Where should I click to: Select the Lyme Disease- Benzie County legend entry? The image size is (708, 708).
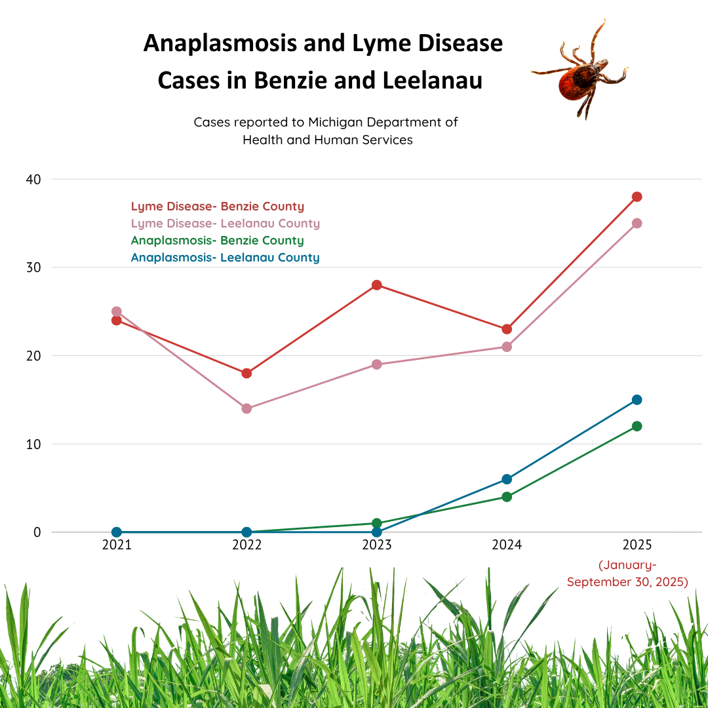point(218,206)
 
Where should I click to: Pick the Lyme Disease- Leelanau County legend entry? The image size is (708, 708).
point(226,224)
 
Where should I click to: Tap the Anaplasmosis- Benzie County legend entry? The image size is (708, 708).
point(218,241)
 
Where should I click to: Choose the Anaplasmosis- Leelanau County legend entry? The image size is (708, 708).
point(226,258)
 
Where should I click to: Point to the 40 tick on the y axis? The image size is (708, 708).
point(33,179)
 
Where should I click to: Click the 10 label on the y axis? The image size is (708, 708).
point(33,444)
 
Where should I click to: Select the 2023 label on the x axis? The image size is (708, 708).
point(377,545)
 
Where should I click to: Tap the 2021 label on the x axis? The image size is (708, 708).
point(117,545)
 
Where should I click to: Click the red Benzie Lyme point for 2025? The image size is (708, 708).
point(637,197)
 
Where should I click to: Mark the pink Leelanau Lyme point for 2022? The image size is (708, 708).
point(246,408)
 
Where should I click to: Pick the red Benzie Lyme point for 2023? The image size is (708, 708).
point(377,285)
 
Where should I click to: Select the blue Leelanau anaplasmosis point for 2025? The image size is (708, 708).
point(637,400)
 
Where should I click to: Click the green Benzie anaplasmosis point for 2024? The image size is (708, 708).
point(507,497)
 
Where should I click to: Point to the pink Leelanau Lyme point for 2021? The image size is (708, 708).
point(117,311)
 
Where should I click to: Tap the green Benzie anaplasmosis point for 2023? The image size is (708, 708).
point(377,523)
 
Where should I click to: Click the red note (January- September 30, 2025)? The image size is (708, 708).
point(627,574)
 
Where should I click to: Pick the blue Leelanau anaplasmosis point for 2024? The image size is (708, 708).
point(507,479)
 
